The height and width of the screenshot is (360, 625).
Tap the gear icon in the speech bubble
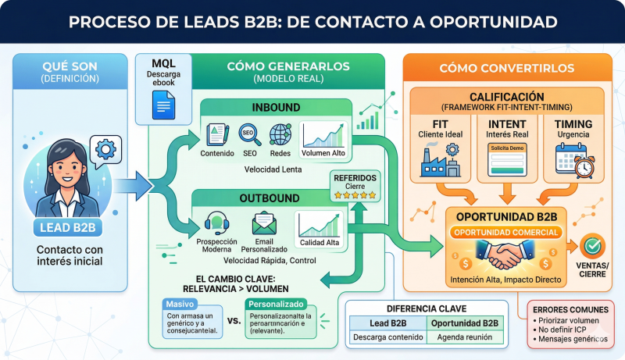pyautogui.click(x=104, y=149)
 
